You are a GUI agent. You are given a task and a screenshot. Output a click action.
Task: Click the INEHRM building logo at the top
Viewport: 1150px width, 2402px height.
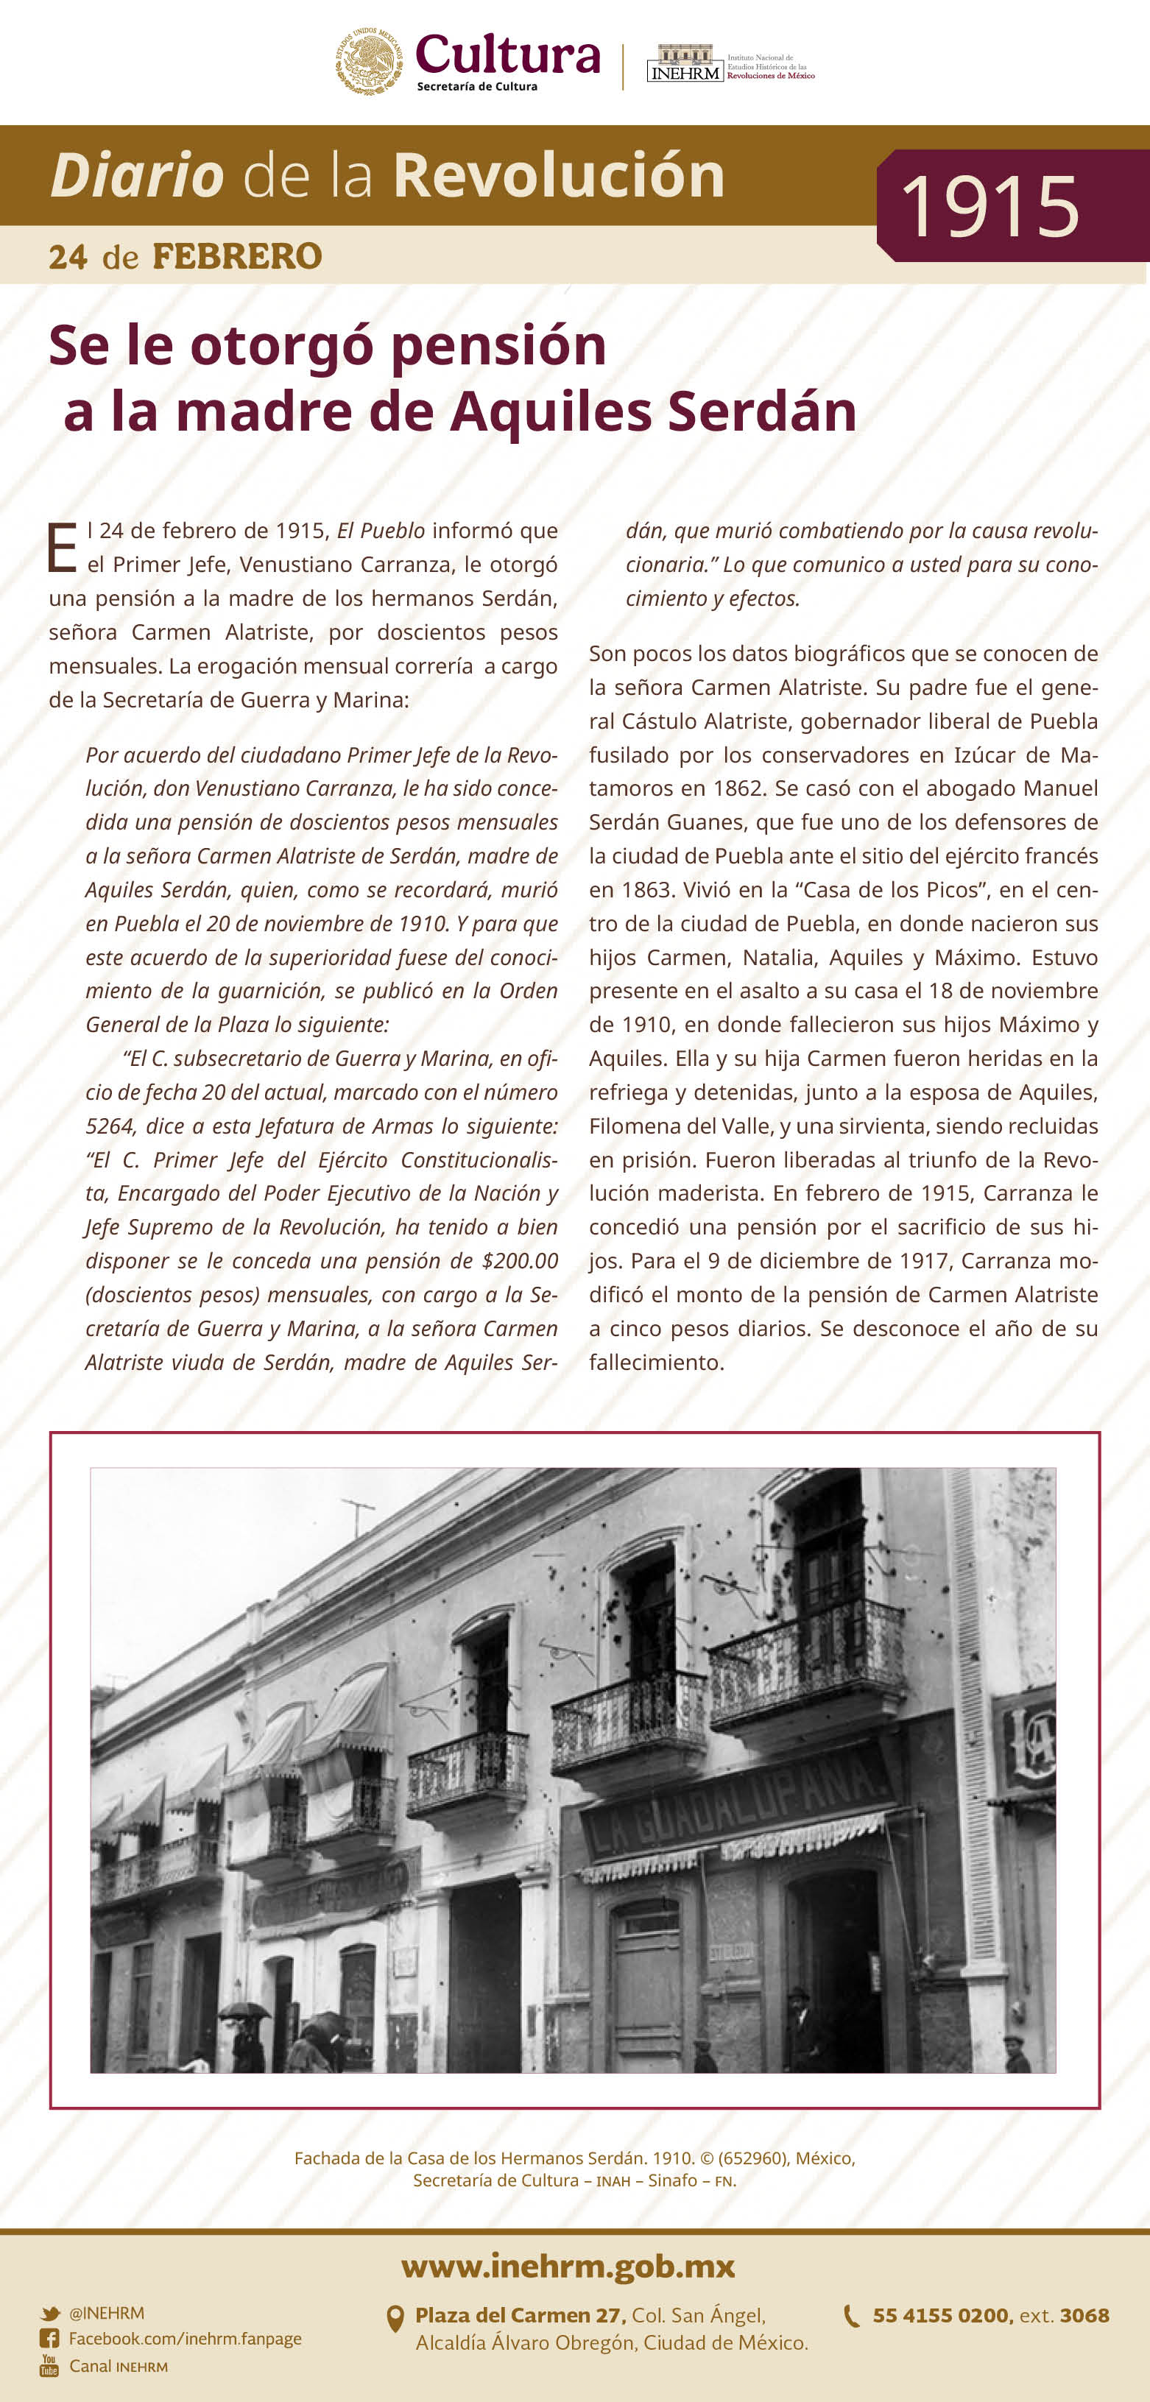pyautogui.click(x=685, y=63)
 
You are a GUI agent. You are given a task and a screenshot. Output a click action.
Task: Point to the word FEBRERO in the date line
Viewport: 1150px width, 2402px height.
pyautogui.click(x=237, y=256)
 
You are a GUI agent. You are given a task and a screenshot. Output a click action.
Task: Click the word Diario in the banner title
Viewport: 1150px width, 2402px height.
pyautogui.click(x=137, y=175)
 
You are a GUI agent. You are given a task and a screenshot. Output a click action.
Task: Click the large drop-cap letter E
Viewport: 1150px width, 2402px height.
pyautogui.click(x=62, y=548)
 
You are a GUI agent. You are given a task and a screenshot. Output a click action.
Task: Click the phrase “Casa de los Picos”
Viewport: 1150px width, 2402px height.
pyautogui.click(x=890, y=889)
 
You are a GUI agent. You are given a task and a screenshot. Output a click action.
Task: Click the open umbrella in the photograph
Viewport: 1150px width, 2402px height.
pyautogui.click(x=244, y=2010)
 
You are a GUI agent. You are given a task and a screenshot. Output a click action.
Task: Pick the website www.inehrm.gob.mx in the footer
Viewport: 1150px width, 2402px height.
pyautogui.click(x=568, y=2267)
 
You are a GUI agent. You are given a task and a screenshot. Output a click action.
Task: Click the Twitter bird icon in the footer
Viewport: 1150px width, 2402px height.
pyautogui.click(x=50, y=2314)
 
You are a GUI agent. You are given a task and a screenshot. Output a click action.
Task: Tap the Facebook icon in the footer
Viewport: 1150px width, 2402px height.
pyautogui.click(x=49, y=2339)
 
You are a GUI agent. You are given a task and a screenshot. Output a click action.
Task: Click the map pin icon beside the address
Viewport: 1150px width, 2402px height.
pyautogui.click(x=395, y=2319)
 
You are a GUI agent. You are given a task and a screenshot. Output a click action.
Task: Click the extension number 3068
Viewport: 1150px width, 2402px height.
pyautogui.click(x=1084, y=2315)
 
